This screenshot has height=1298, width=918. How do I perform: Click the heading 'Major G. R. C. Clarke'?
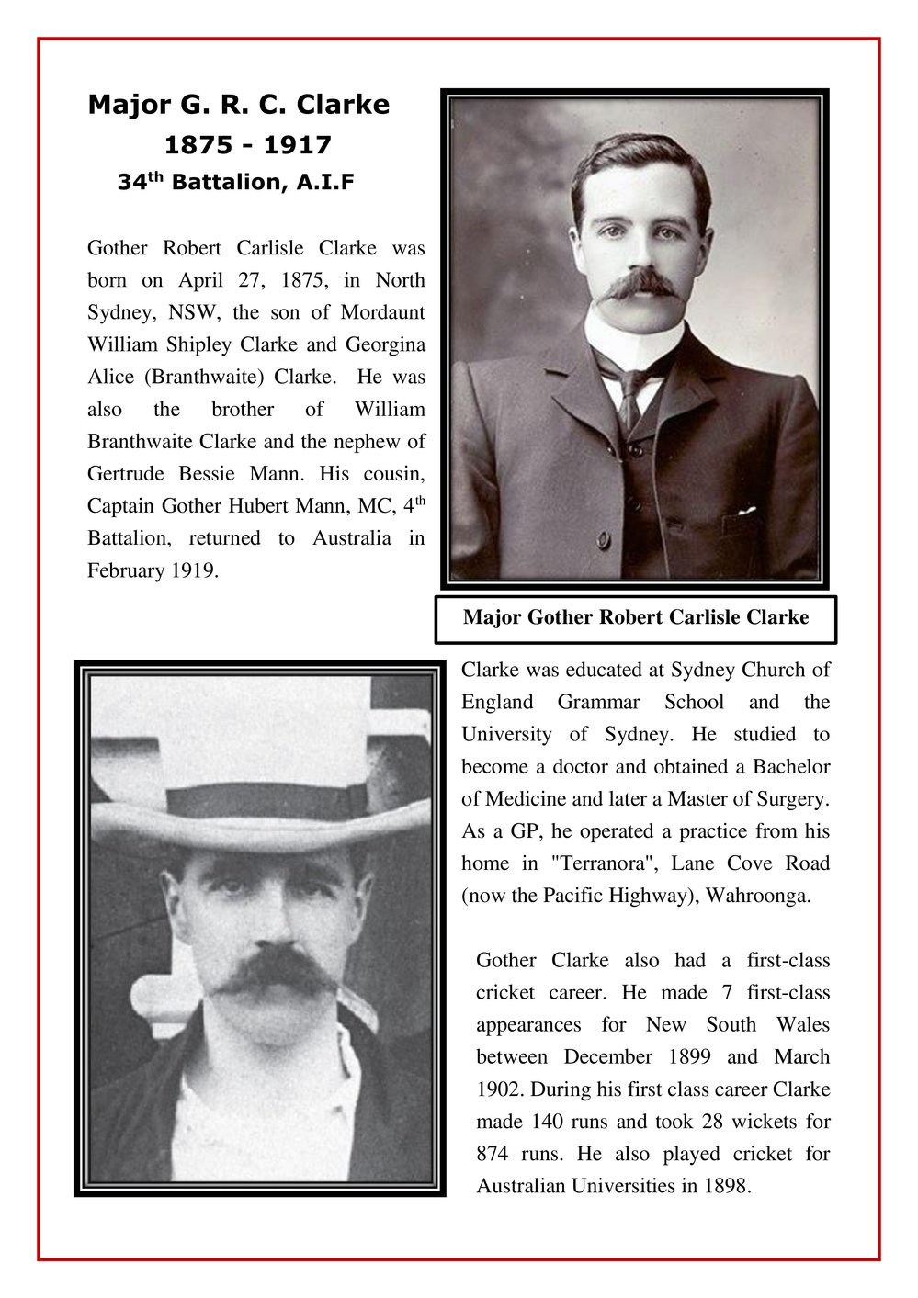pos(238,105)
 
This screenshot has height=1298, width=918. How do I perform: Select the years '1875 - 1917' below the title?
pos(247,145)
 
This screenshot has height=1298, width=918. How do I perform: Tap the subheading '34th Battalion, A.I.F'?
pos(235,182)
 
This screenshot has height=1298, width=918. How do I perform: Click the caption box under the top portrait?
pos(635,618)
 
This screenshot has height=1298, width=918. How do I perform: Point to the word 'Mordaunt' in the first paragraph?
pos(382,312)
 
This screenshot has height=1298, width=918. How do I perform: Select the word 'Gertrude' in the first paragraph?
pos(126,474)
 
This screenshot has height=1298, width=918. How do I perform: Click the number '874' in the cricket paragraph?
pos(493,1154)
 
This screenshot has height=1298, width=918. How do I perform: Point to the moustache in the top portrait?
pos(639,286)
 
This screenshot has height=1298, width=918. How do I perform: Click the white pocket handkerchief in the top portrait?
pos(746,510)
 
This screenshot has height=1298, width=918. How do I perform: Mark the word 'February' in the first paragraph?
pos(126,570)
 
